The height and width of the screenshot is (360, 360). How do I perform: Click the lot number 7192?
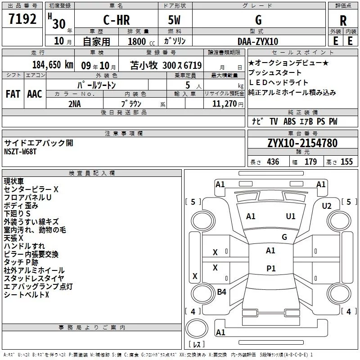[22, 19]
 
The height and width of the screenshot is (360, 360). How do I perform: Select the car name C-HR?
[117, 20]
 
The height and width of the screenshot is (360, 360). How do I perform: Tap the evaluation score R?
[343, 21]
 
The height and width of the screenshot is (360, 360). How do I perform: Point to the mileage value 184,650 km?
[53, 65]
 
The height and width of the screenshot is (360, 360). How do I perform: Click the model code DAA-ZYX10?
[258, 41]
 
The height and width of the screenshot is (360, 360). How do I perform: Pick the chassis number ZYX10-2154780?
[302, 143]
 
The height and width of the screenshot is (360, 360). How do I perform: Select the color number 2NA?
[75, 104]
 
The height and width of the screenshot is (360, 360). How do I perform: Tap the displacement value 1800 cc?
[141, 41]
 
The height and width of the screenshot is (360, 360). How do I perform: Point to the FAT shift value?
[13, 94]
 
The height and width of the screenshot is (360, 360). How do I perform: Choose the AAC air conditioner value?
[35, 94]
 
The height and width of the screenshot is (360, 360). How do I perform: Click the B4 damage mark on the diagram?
[221, 292]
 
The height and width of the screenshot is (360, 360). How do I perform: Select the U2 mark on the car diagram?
[327, 206]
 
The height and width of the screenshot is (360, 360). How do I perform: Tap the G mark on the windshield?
[284, 237]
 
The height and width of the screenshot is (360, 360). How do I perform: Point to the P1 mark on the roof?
[271, 268]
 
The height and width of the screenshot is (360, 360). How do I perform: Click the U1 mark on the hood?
[291, 216]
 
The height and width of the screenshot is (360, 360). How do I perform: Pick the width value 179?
[310, 162]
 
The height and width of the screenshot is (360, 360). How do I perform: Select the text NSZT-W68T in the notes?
[20, 152]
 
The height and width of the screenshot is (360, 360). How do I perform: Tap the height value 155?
[346, 162]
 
